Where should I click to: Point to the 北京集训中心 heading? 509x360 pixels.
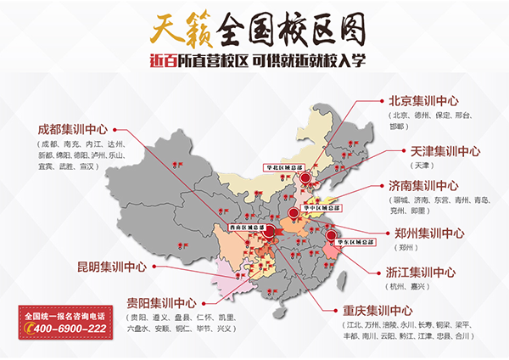[x=423, y=99]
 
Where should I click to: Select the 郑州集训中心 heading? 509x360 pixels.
[x=429, y=232]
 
